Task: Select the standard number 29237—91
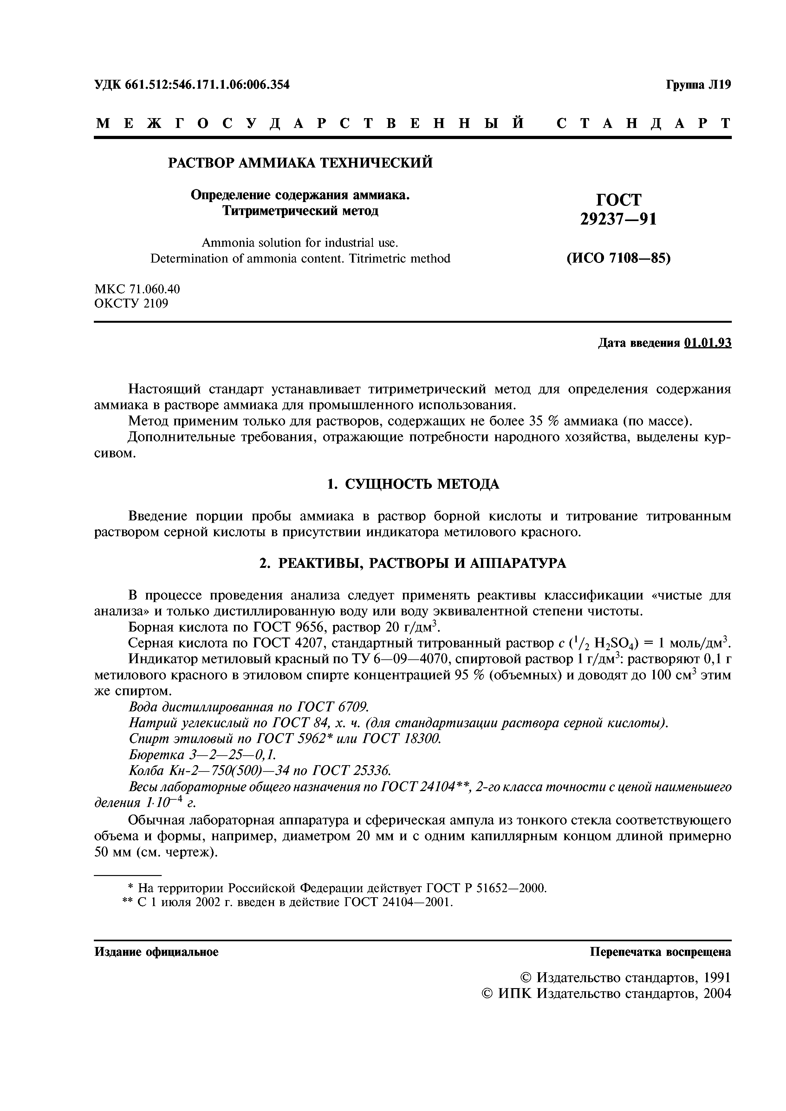[619, 219]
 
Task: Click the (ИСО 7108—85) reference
[619, 258]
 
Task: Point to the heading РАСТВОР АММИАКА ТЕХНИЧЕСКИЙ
[300, 162]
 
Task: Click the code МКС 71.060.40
[137, 289]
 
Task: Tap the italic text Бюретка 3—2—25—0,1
[202, 755]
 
